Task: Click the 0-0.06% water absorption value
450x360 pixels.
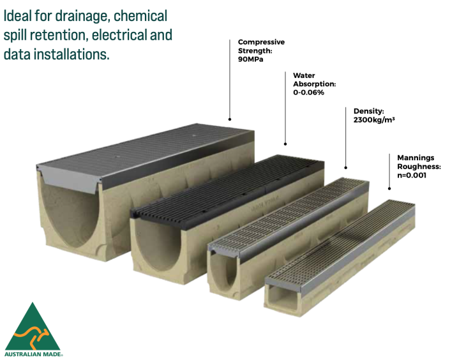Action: [x=309, y=93]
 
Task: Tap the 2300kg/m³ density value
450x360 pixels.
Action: [x=374, y=119]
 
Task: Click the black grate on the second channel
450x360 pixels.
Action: [x=230, y=184]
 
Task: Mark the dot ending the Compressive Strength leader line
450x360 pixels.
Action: [x=230, y=119]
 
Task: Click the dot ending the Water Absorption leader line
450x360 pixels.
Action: [x=285, y=144]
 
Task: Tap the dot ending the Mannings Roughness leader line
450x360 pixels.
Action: [x=389, y=188]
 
